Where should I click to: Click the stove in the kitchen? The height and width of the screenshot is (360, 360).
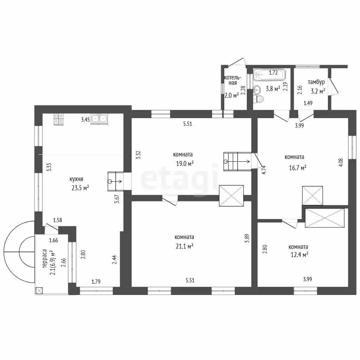(59, 120)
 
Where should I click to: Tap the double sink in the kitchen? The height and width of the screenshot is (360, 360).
(99, 119)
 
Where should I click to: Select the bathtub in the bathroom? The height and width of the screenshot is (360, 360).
(270, 75)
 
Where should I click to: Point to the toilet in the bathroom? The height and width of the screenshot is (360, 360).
(258, 99)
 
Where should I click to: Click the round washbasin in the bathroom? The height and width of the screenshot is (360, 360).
(257, 90)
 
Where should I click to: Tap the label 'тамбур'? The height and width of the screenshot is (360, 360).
(316, 82)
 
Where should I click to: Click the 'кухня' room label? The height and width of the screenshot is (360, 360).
(76, 179)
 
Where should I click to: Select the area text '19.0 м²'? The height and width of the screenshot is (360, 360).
(185, 163)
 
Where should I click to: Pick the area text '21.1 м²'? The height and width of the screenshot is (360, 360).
(184, 246)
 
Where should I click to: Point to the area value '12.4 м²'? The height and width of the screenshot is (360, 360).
(300, 255)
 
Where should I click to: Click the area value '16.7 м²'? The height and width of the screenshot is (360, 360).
(297, 168)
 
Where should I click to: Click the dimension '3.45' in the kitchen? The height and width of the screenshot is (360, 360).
(85, 120)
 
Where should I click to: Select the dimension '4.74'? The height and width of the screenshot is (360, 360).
(264, 170)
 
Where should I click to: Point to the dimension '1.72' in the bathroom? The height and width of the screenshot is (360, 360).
(273, 73)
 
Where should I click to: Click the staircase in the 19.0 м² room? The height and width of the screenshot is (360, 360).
(237, 161)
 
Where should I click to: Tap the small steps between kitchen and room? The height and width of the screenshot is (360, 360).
(116, 181)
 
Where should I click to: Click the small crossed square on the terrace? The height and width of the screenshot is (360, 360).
(39, 291)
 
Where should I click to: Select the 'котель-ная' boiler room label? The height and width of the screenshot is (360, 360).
(233, 80)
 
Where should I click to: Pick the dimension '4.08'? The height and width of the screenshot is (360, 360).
(341, 162)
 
